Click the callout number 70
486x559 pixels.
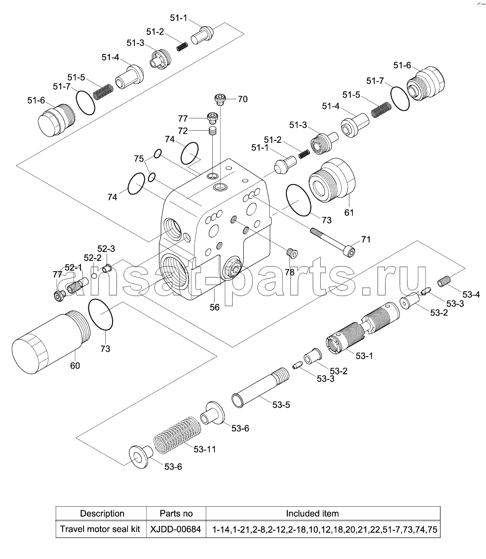(x=242, y=99)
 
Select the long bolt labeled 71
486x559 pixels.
(x=332, y=242)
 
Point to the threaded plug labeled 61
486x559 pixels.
(x=332, y=180)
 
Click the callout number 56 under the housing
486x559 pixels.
(x=215, y=307)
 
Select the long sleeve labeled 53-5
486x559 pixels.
(x=260, y=387)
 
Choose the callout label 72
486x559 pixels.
(x=183, y=131)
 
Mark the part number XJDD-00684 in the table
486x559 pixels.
(x=176, y=529)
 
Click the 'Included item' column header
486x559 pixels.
(x=312, y=513)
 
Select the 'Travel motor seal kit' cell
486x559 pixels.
(x=100, y=529)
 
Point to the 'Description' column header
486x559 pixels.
(x=102, y=513)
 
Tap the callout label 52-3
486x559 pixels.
(x=106, y=249)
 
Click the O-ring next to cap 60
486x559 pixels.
(x=101, y=314)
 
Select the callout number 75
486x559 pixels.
(x=139, y=158)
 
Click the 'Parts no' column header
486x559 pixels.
(x=176, y=513)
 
